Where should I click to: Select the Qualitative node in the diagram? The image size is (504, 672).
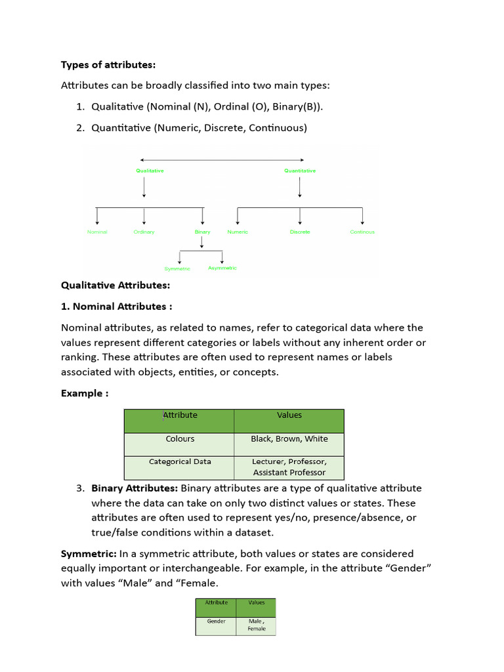tap(150, 171)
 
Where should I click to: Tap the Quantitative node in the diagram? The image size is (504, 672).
tap(300, 171)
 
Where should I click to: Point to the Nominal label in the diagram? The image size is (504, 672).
tap(97, 232)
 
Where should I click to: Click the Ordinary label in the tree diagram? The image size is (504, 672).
tap(144, 232)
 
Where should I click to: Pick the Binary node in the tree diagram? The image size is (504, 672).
tap(203, 232)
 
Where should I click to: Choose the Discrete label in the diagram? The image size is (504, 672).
tap(300, 232)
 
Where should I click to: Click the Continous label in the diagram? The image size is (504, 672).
tap(362, 232)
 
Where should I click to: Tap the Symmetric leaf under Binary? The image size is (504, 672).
tap(177, 268)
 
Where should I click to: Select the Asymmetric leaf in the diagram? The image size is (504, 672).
tap(222, 268)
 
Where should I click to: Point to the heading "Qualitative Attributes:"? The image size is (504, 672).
tap(115, 285)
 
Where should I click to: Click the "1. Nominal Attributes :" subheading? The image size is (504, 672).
tap(117, 306)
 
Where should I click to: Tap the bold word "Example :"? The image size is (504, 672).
tap(85, 393)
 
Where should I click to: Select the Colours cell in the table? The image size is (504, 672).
tap(180, 439)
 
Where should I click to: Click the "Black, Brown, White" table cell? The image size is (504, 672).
tap(289, 439)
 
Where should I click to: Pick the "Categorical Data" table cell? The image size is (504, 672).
tap(180, 461)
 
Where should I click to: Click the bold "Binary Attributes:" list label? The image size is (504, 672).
tap(135, 488)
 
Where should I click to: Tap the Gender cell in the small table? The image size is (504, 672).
tap(217, 621)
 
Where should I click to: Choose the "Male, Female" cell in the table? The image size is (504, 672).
tap(257, 625)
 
